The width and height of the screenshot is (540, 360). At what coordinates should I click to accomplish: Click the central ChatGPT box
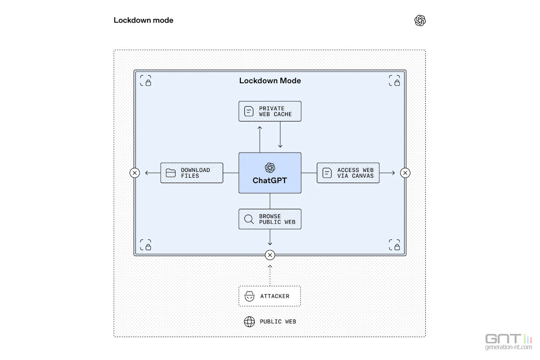point(270,173)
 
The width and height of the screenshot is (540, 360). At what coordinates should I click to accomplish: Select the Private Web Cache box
point(270,111)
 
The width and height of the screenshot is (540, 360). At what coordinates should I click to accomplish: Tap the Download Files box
point(192,173)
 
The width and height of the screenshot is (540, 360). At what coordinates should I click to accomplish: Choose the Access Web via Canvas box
point(348,173)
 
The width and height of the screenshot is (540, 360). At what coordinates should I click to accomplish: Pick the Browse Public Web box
point(270,219)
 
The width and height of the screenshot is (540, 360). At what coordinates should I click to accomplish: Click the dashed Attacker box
point(270,296)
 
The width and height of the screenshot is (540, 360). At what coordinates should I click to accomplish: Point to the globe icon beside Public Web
point(249,322)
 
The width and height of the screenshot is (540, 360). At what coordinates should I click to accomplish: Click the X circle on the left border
point(135,173)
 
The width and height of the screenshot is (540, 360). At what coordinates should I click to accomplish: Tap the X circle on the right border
point(405,173)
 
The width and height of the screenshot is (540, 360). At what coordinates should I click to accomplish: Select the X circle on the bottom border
point(270,255)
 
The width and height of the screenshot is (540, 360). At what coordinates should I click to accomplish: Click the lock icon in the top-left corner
point(145,81)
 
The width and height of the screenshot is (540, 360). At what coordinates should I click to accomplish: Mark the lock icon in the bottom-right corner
point(394,245)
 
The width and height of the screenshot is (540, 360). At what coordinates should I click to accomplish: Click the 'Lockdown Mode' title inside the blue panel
point(270,81)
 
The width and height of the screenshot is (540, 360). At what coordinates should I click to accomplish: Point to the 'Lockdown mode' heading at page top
point(144,20)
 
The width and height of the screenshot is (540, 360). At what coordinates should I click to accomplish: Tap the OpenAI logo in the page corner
point(420,21)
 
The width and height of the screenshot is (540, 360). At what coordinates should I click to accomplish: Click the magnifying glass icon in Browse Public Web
point(249,219)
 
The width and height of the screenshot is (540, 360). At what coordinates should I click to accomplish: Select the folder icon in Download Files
point(171,173)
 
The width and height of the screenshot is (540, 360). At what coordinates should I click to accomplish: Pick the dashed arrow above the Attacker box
point(270,274)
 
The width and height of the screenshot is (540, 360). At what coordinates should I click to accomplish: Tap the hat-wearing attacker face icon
point(249,296)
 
